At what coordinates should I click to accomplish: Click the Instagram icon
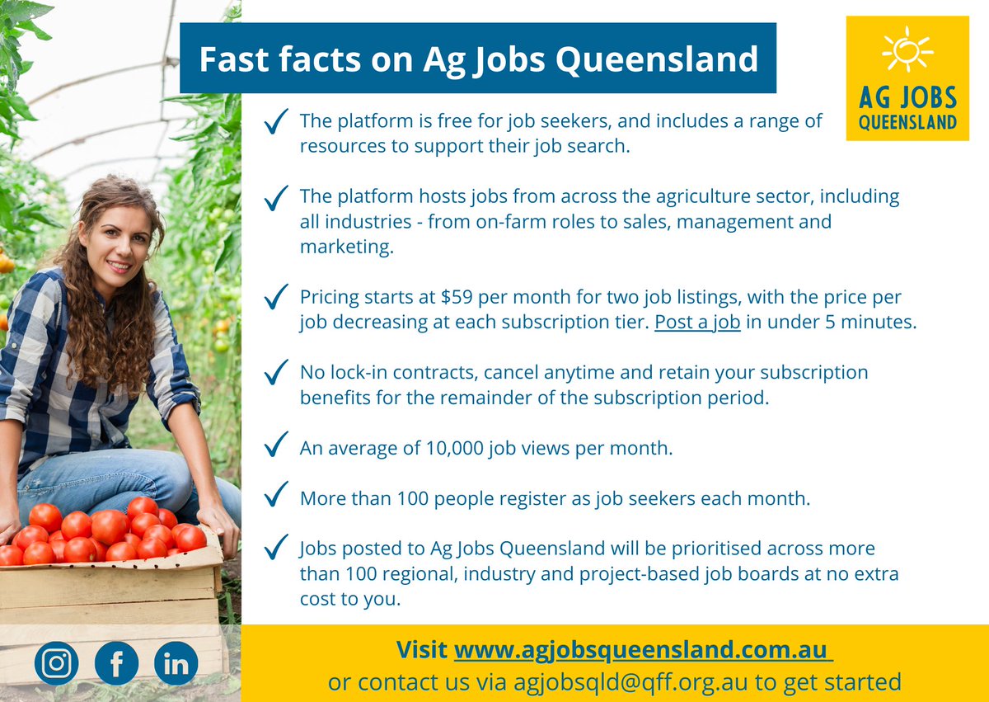pos(56,663)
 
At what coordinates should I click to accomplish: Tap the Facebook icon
pos(116,663)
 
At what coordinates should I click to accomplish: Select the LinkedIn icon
pos(176,663)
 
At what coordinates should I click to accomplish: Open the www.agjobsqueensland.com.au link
pos(643,649)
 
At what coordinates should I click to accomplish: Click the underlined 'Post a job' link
pos(697,322)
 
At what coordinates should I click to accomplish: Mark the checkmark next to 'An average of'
pos(276,446)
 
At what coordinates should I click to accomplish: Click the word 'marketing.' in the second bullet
pos(346,247)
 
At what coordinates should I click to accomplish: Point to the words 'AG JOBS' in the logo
pos(907,99)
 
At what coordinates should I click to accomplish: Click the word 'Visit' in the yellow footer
pos(422,649)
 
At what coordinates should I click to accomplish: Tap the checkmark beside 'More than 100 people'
pos(276,497)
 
